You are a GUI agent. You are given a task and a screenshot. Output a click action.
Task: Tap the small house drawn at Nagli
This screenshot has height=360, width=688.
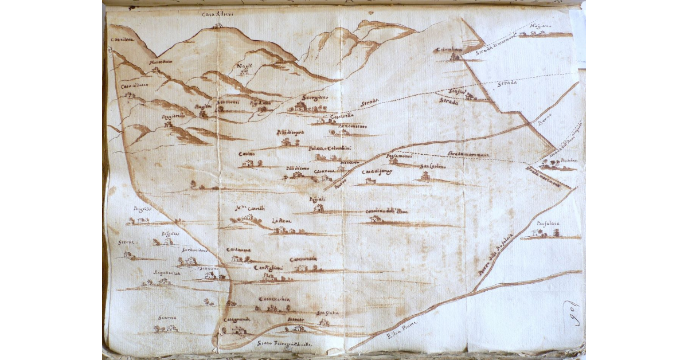[x=245, y=73]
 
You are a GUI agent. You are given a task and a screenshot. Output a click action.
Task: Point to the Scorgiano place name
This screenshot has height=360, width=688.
[x=315, y=98]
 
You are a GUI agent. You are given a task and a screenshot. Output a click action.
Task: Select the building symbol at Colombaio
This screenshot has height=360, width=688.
[x=455, y=57]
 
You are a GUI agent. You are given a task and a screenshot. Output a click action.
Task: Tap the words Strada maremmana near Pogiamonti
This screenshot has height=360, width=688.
[x=468, y=154]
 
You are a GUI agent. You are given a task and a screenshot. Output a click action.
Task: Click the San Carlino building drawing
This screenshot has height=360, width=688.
[x=425, y=177]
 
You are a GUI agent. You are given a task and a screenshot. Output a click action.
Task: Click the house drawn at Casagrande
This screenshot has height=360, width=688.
[x=237, y=330]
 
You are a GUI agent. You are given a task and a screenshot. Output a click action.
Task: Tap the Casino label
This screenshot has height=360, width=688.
[x=247, y=154]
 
